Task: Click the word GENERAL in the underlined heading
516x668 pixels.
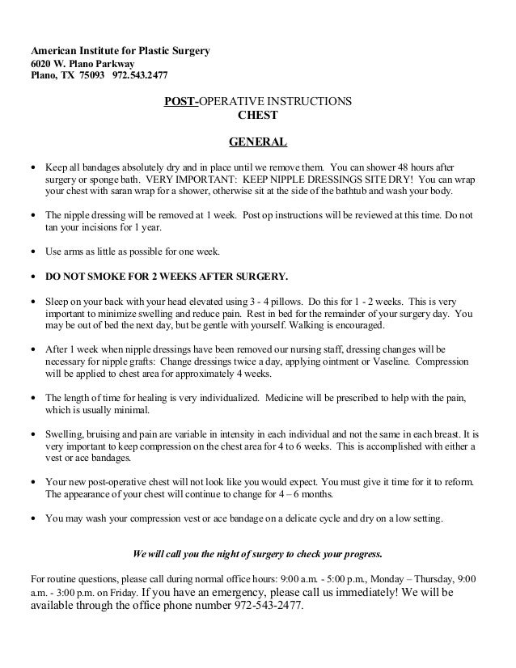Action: click(x=258, y=143)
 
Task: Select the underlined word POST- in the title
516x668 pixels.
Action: click(x=181, y=102)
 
